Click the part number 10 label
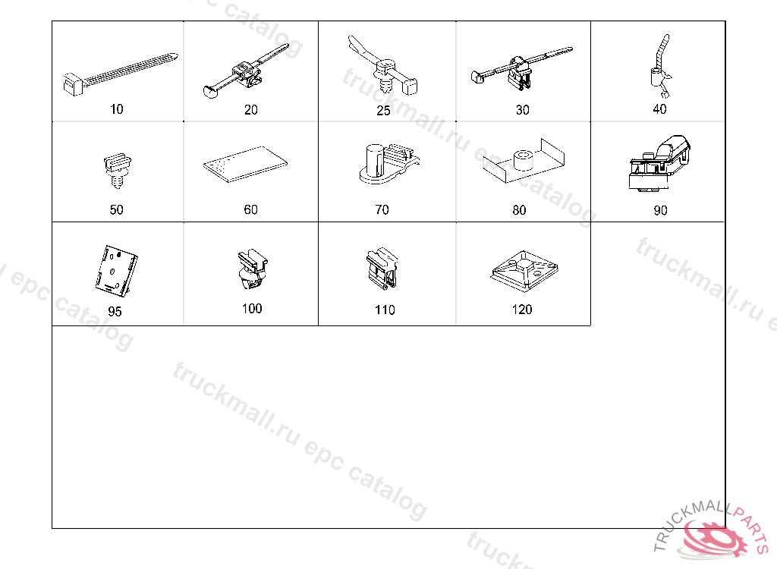point(116,109)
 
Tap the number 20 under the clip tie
point(250,109)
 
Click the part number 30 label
point(522,110)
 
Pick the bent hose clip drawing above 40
point(661,66)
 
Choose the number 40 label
point(659,109)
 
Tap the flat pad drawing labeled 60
point(245,164)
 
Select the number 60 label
point(250,209)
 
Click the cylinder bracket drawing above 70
point(389,164)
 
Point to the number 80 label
point(519,210)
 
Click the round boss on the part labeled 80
point(523,160)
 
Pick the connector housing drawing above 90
point(659,164)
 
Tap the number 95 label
point(115,311)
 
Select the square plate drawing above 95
point(116,270)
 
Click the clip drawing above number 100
point(253,269)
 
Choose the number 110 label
point(385,310)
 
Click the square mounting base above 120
point(524,270)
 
